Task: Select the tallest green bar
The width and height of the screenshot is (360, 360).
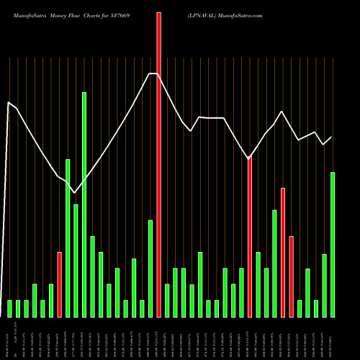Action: point(84,205)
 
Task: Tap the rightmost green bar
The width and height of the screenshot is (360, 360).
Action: point(333,245)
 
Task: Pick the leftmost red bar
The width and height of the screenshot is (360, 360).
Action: point(60,284)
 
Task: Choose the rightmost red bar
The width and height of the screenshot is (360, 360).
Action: point(291,276)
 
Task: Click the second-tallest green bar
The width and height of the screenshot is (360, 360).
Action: point(68,238)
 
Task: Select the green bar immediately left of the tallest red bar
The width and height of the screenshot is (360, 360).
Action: point(150,269)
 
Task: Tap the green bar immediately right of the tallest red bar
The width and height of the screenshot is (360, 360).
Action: point(167,300)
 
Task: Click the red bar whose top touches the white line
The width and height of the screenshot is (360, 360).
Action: point(250,238)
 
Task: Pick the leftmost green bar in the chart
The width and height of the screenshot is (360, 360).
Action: point(10,309)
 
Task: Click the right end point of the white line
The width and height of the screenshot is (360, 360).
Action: point(332,137)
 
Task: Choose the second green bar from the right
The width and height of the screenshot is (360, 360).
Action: point(324,286)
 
